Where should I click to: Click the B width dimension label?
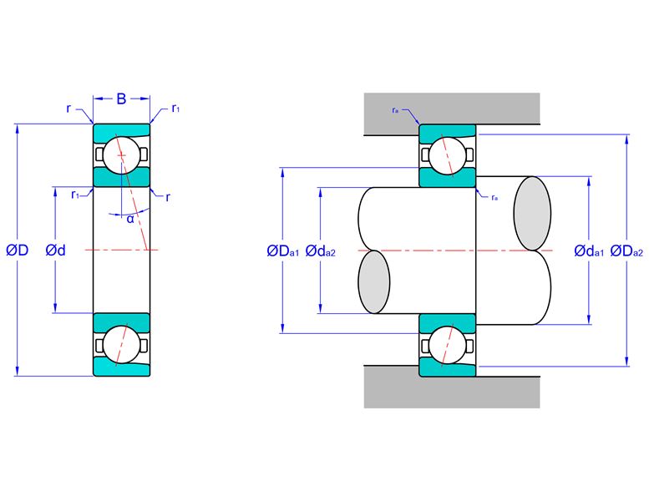[x=121, y=99]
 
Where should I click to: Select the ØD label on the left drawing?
[x=18, y=250]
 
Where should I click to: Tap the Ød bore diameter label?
[x=55, y=250]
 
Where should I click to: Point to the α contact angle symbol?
[x=130, y=220]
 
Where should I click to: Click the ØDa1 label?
[x=282, y=250]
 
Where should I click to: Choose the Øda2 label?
[x=321, y=250]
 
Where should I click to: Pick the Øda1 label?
[x=589, y=250]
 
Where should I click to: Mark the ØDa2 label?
[x=627, y=250]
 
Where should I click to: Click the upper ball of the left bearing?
[x=121, y=155]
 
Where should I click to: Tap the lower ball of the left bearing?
[x=121, y=345]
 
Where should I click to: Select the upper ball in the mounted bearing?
[x=448, y=155]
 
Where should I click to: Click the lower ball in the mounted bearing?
[x=448, y=345]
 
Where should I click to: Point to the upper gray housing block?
[x=452, y=109]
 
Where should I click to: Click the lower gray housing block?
[x=452, y=392]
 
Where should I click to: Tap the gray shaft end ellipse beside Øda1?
[x=532, y=214]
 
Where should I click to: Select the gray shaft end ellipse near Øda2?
[x=373, y=281]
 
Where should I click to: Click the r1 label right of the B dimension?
[x=176, y=109]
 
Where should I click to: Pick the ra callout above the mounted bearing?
[x=395, y=110]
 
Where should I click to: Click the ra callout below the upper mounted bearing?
[x=494, y=198]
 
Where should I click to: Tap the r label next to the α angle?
[x=168, y=198]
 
